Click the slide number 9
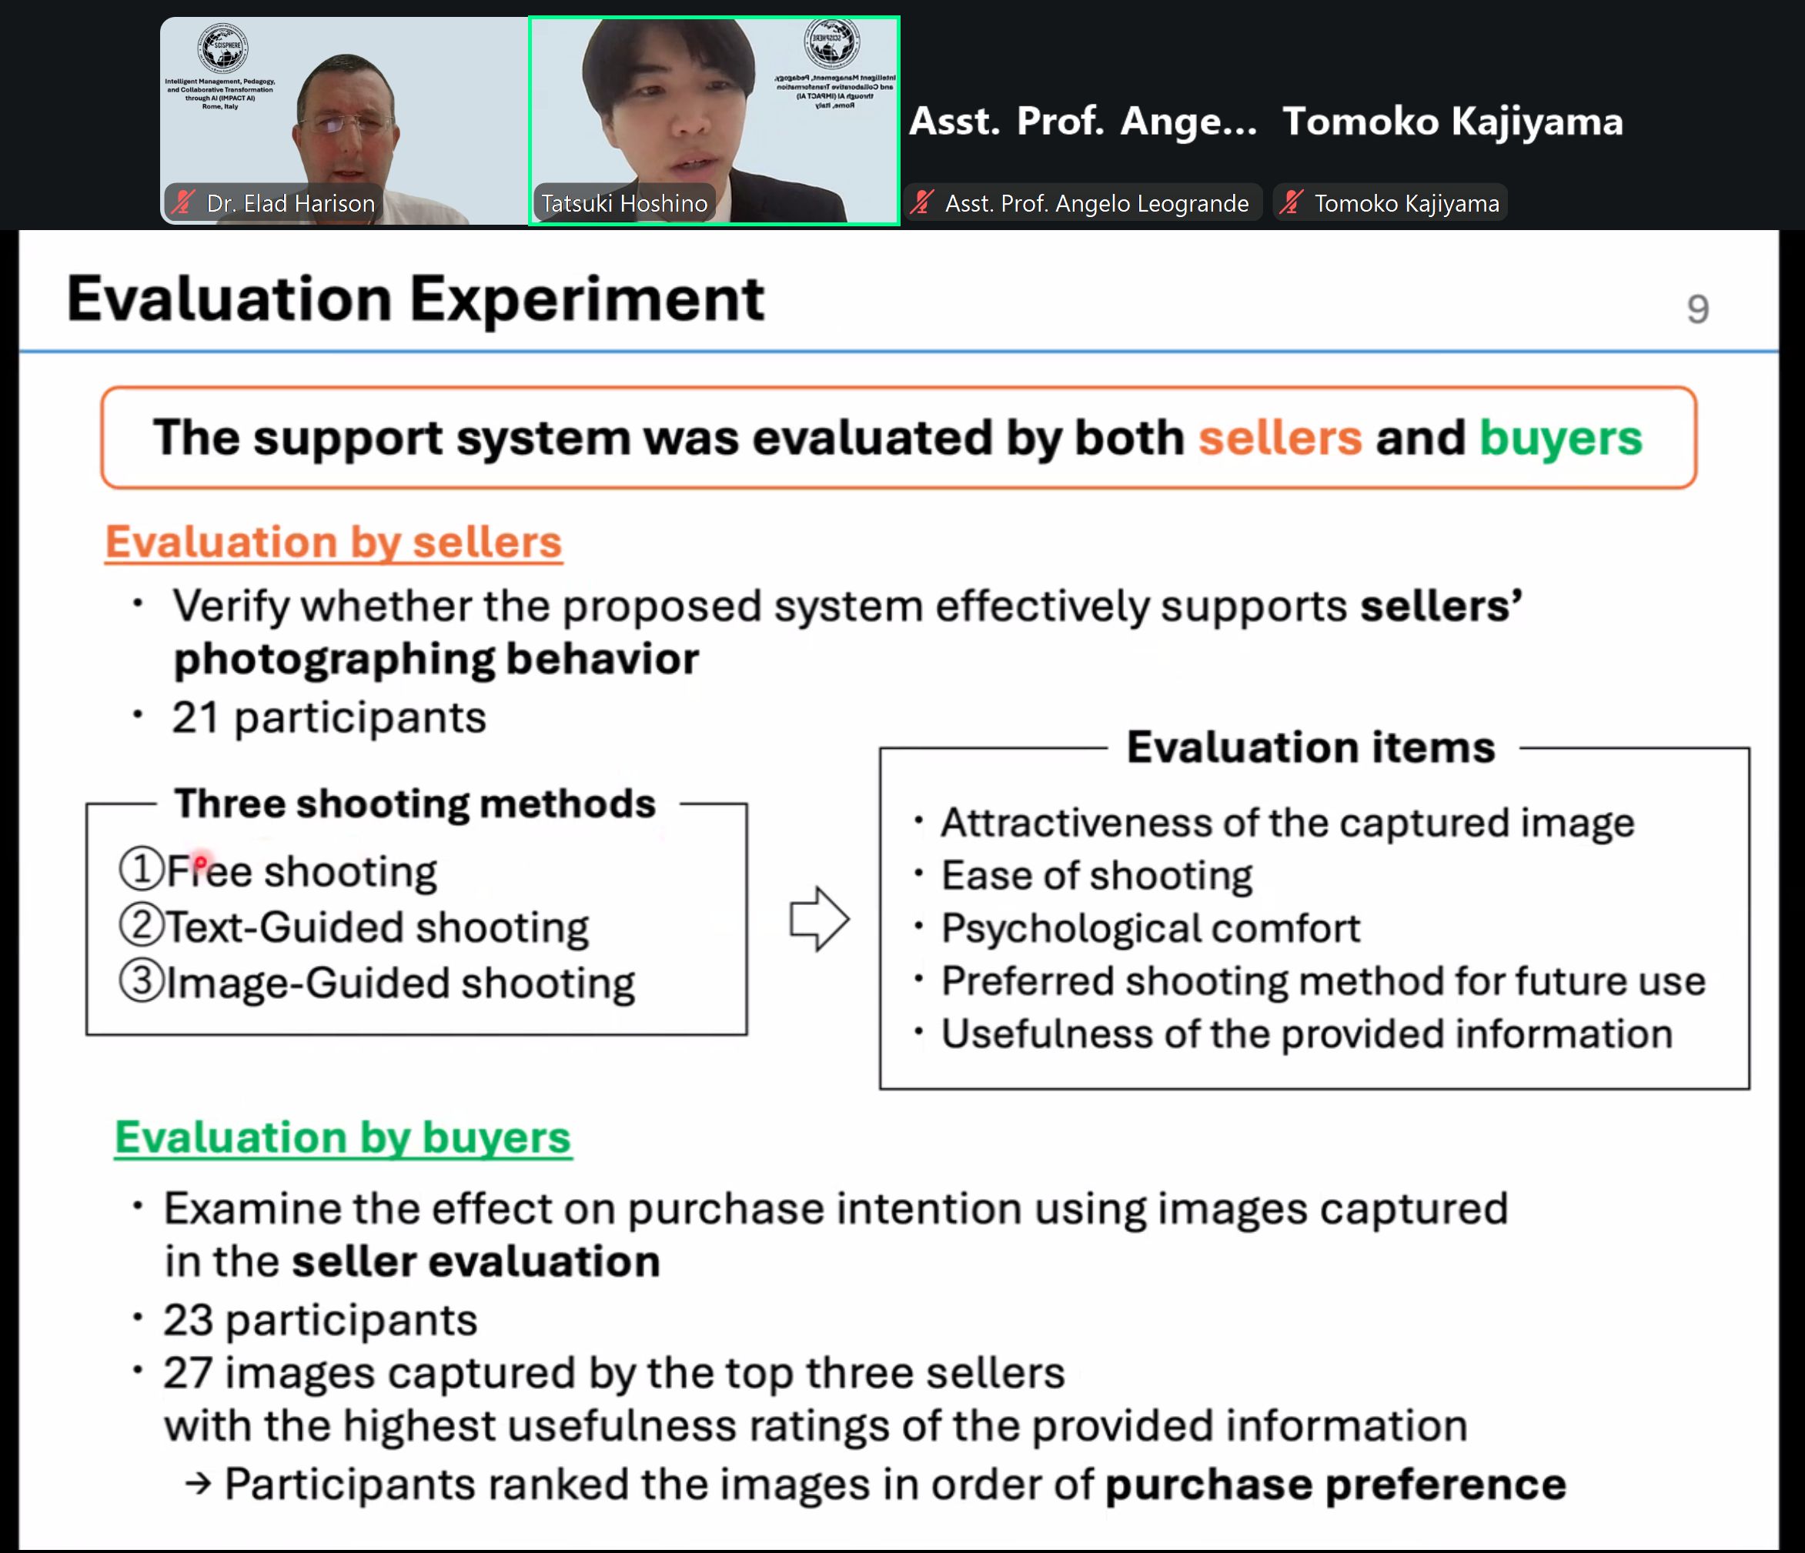point(1698,309)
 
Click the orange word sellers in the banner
point(1280,437)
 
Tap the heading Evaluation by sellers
point(333,542)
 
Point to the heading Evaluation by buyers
point(343,1137)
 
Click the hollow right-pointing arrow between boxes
point(819,919)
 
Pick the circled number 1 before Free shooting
point(141,870)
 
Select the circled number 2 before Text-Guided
point(141,925)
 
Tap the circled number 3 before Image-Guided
point(141,980)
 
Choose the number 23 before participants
point(188,1320)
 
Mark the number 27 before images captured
point(188,1373)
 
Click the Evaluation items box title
point(1311,747)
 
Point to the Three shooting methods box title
point(415,803)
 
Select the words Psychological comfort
point(1151,928)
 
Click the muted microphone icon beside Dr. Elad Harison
point(183,203)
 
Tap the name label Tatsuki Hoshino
point(624,204)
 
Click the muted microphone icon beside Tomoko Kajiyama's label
point(1291,203)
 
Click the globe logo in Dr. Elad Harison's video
point(223,47)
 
